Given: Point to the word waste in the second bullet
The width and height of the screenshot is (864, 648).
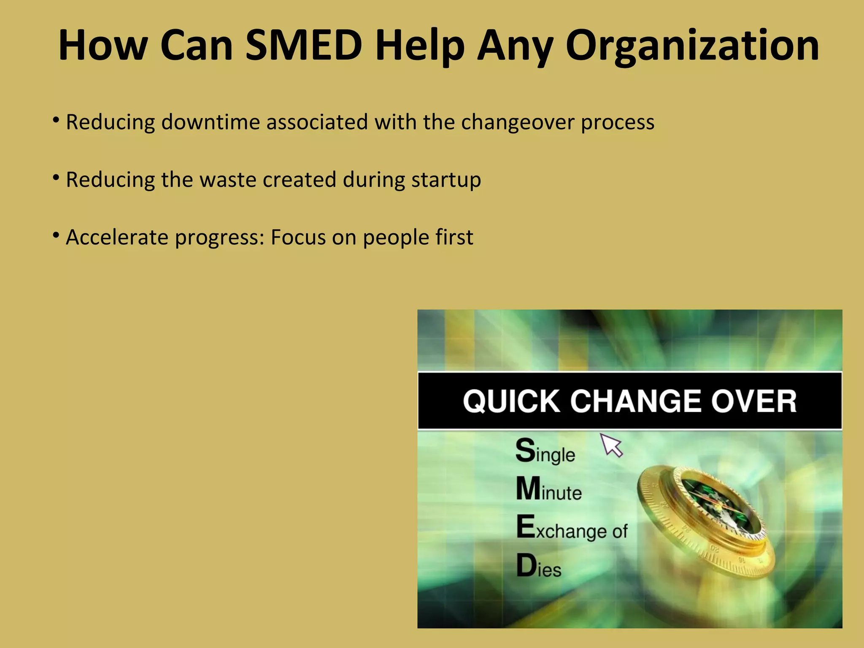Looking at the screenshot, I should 228,180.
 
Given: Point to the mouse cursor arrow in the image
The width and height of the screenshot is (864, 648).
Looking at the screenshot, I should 611,445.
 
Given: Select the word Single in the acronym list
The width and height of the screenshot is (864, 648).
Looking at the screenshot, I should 545,452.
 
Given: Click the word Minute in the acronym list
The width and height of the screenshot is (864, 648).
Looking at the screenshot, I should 549,490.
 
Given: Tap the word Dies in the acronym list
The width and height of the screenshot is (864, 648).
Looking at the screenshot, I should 539,566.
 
